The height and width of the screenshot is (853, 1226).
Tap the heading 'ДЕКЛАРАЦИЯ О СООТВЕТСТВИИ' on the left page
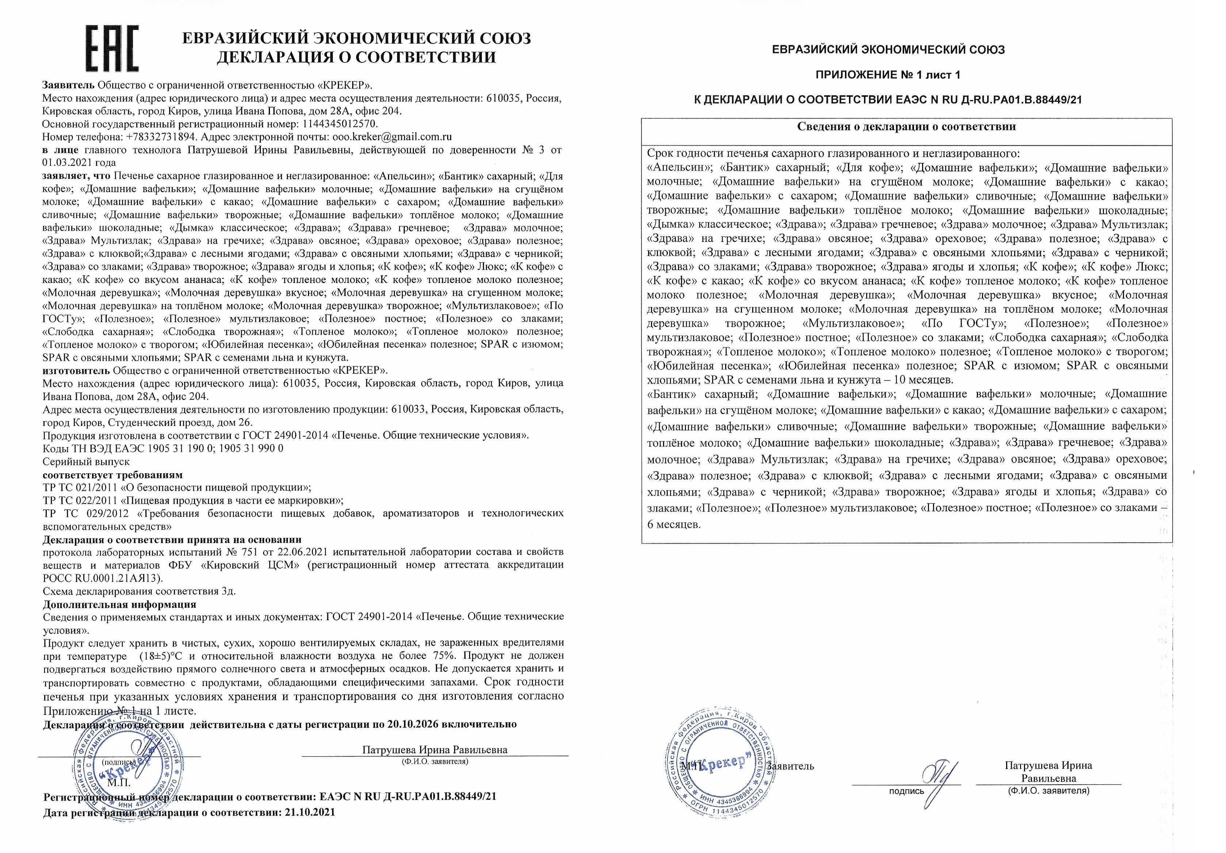point(356,57)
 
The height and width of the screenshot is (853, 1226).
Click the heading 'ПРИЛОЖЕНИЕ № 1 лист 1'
point(888,75)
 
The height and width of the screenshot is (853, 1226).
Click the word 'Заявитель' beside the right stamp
point(790,766)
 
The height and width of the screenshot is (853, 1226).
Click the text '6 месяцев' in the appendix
point(674,524)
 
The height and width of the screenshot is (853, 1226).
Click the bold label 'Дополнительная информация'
point(119,604)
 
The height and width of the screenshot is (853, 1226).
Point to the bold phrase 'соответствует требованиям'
point(113,475)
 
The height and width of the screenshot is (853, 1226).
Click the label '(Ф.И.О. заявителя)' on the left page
point(435,762)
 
